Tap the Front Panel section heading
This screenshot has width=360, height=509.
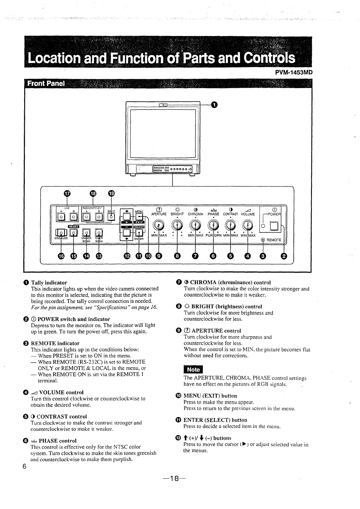[x=46, y=84]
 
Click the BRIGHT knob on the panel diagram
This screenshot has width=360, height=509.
[x=177, y=225]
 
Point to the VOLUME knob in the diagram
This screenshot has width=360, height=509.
[x=248, y=225]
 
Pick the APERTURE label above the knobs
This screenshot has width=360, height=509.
[x=159, y=214]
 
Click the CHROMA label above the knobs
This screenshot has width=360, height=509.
[x=195, y=214]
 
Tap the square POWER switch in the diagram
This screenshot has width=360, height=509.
[x=274, y=226]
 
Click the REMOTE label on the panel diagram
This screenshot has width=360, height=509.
[x=273, y=240]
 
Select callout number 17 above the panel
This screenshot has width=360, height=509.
[x=67, y=193]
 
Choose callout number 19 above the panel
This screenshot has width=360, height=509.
[x=111, y=193]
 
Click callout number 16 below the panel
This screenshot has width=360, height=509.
[x=61, y=256]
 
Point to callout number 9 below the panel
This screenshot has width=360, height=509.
[x=159, y=256]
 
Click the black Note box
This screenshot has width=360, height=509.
[x=193, y=369]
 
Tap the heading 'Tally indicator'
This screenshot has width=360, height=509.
[x=49, y=283]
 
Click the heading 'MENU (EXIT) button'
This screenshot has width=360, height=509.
[x=210, y=396]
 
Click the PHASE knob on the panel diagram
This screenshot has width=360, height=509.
[x=214, y=225]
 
